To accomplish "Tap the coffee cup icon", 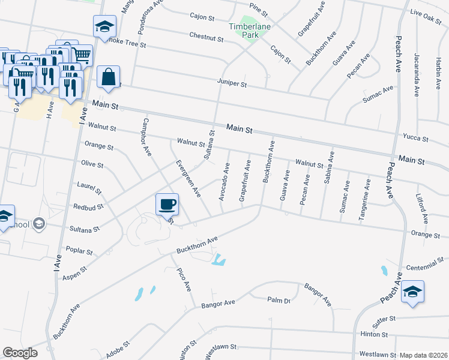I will (x=167, y=204).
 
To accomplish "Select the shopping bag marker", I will (x=108, y=77).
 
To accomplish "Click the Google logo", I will (x=20, y=353).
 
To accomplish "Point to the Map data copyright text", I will (x=424, y=355).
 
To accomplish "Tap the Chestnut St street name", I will (x=206, y=37).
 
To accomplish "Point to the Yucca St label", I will (x=416, y=139).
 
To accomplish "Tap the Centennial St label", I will (x=424, y=261).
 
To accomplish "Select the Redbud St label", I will (x=89, y=205).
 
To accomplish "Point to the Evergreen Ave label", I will (x=187, y=179).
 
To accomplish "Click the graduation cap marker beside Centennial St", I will (x=412, y=291).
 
